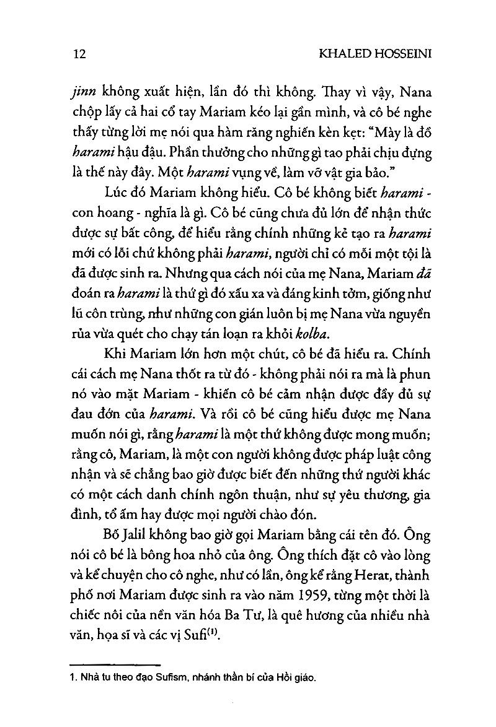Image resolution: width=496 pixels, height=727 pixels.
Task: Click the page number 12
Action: click(x=79, y=54)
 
